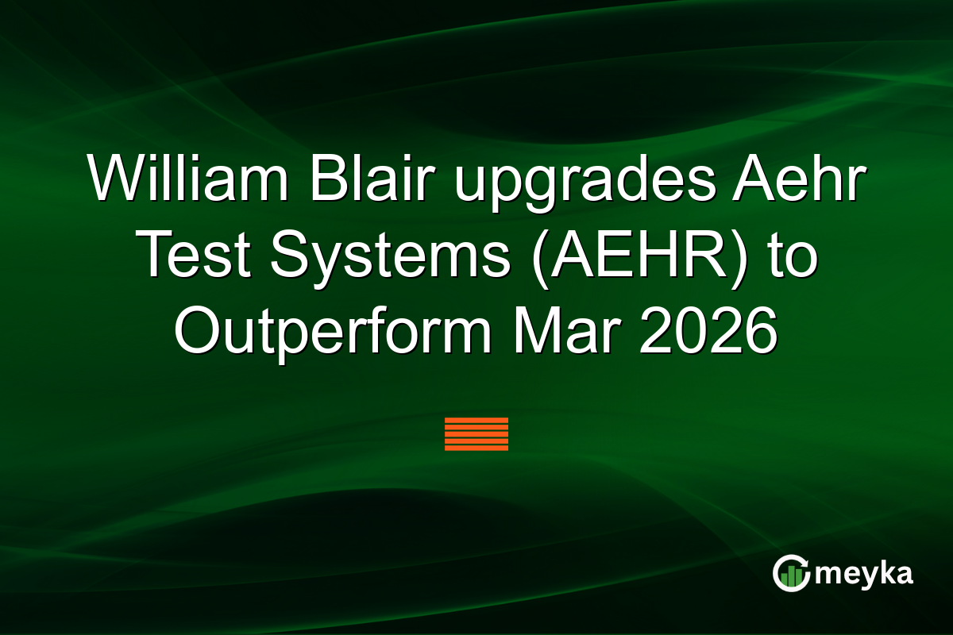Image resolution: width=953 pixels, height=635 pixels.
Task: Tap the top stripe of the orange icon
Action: point(476,419)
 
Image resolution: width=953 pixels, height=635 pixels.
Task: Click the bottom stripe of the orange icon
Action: point(476,448)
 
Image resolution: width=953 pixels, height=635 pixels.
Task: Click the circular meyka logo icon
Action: point(791,574)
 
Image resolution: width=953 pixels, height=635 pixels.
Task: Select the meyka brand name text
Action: point(864,574)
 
